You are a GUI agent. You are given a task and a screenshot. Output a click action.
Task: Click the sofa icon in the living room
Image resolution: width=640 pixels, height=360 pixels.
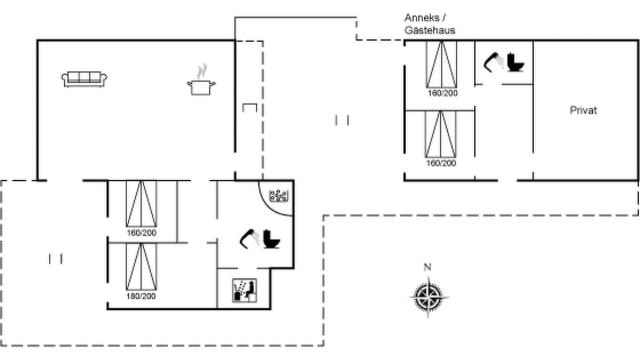[x=84, y=79]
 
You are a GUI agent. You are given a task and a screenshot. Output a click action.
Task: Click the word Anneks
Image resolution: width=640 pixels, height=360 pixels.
[x=422, y=18]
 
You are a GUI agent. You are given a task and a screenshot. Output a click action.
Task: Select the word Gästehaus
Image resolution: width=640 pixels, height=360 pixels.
[x=429, y=30]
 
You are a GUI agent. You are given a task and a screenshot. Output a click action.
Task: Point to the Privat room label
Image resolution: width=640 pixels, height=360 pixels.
[x=583, y=110]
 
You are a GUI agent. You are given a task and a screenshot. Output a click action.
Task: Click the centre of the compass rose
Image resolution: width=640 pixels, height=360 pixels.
[x=428, y=297]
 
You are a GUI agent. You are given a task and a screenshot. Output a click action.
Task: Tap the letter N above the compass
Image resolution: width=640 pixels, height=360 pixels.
[x=427, y=267]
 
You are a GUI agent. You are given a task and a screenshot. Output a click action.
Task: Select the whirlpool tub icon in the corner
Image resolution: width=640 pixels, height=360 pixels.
[x=278, y=195]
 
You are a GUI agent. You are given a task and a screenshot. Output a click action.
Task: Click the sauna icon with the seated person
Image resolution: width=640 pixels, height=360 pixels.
[x=244, y=290]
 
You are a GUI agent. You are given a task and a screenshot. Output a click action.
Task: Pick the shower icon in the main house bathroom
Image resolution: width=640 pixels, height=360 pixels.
[x=250, y=239]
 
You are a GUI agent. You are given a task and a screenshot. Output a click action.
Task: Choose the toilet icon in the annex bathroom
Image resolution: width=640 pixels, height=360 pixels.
[x=515, y=62]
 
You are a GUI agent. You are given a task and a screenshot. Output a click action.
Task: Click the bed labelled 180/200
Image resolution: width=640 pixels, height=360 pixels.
[x=141, y=266]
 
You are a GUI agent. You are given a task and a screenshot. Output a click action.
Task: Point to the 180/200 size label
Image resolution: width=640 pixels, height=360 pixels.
[x=141, y=296]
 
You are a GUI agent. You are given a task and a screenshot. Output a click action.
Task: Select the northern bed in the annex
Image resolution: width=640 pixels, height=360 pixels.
[x=441, y=64]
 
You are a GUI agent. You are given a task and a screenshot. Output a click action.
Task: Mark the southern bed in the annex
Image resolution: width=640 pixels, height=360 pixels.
[x=440, y=134]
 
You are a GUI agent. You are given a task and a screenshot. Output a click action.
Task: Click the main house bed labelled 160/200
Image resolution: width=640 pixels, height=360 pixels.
[x=141, y=203]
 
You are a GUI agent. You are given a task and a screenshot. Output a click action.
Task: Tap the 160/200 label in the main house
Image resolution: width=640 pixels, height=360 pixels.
[x=141, y=233]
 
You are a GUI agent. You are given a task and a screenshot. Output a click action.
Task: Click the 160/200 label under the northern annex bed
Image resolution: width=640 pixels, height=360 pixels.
[x=442, y=93]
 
